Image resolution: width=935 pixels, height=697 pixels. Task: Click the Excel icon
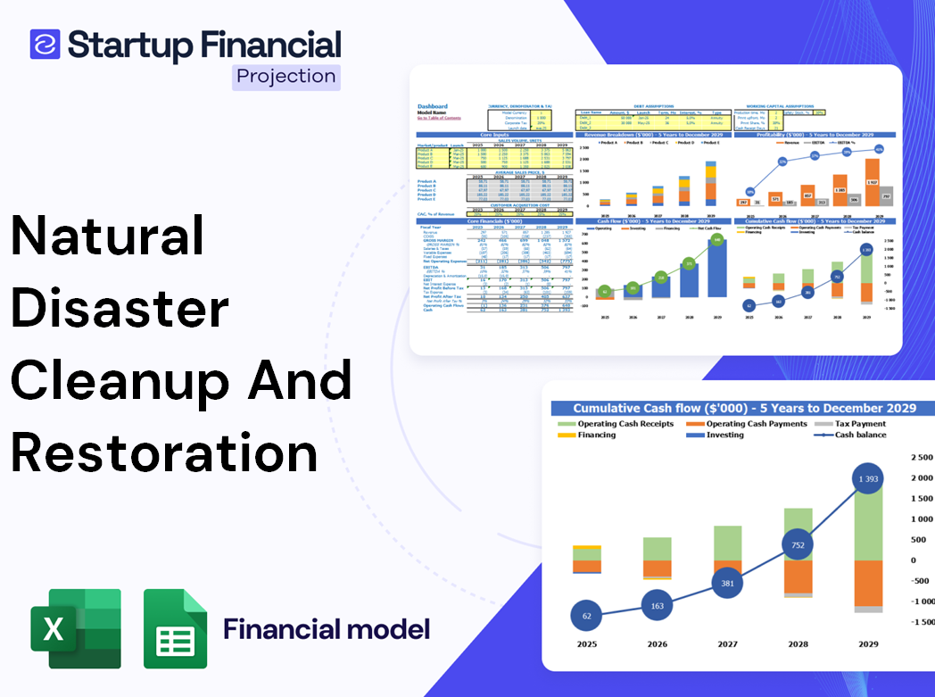(76, 628)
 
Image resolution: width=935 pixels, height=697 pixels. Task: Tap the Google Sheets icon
(176, 628)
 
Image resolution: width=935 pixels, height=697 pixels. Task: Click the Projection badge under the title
(285, 77)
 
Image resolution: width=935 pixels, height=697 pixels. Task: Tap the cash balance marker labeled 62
(585, 616)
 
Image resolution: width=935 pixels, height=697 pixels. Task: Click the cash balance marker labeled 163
(657, 606)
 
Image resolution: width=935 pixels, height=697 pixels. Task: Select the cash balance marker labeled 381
(727, 584)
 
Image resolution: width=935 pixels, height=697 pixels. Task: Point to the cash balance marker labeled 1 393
(868, 480)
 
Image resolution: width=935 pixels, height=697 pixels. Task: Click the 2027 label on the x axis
(727, 643)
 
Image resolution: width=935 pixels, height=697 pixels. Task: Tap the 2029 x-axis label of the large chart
(868, 643)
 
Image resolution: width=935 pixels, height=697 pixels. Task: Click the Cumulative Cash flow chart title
(744, 408)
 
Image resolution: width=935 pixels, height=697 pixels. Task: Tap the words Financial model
(327, 629)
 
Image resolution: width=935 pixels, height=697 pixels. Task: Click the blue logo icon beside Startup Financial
(45, 44)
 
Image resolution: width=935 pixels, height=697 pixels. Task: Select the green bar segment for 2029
(868, 522)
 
